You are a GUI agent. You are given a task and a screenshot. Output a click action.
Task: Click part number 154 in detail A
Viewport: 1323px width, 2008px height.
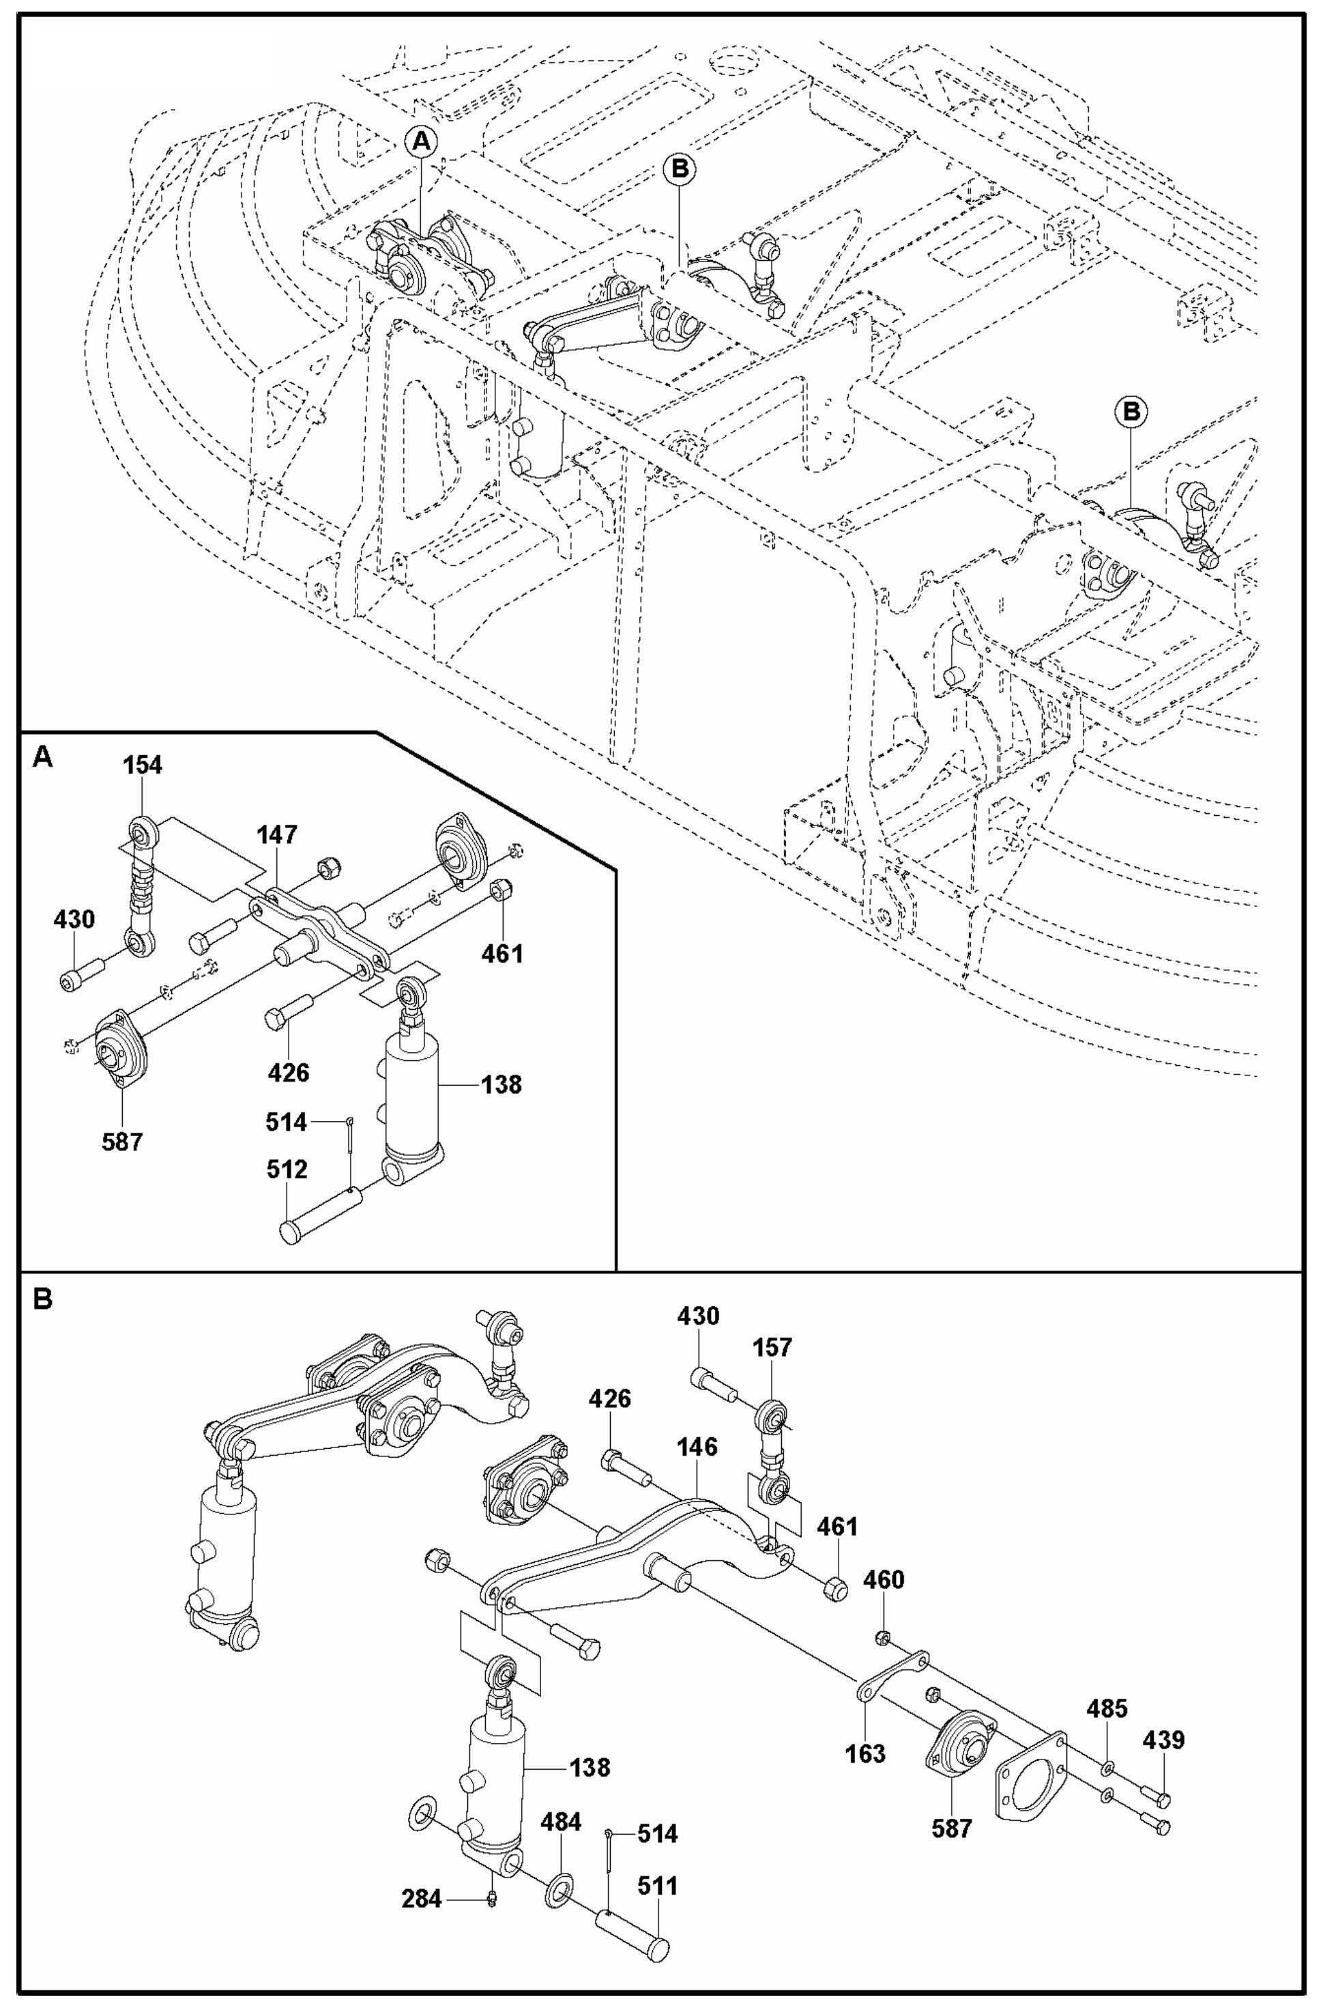click(143, 765)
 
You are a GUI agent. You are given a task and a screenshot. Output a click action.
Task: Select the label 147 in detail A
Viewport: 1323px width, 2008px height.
click(278, 835)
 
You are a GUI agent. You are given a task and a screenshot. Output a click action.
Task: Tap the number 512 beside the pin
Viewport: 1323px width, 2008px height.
click(288, 1170)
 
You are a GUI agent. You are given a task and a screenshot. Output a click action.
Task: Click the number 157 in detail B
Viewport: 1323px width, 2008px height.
click(773, 1348)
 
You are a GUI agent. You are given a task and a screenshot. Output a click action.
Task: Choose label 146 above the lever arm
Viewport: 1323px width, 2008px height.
click(697, 1447)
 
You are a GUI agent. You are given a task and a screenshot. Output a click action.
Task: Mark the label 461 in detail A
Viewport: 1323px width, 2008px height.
click(503, 954)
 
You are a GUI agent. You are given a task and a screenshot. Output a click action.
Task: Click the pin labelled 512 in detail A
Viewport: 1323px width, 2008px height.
click(324, 1215)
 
